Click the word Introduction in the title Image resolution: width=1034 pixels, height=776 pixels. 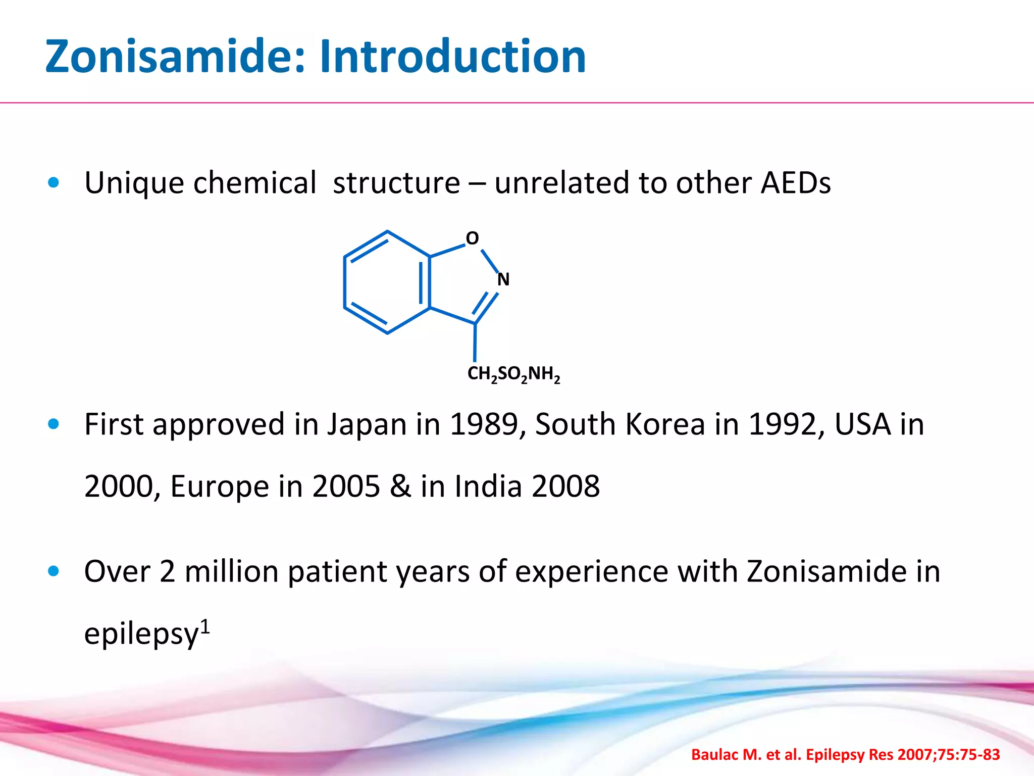[452, 57]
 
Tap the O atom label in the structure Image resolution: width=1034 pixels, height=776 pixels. [472, 238]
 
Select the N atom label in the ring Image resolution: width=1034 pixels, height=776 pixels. [503, 279]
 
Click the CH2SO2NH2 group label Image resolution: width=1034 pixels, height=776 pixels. [513, 374]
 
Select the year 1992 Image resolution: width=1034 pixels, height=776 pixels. [783, 424]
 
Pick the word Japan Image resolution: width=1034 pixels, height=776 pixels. [367, 424]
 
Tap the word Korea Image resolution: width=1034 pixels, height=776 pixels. [665, 424]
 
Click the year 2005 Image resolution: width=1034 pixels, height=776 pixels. [346, 487]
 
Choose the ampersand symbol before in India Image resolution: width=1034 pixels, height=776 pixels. [400, 487]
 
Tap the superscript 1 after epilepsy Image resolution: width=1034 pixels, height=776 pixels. [205, 626]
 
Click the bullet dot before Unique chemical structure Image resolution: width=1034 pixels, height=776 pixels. [54, 183]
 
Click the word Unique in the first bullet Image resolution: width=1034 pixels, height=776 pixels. [134, 183]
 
